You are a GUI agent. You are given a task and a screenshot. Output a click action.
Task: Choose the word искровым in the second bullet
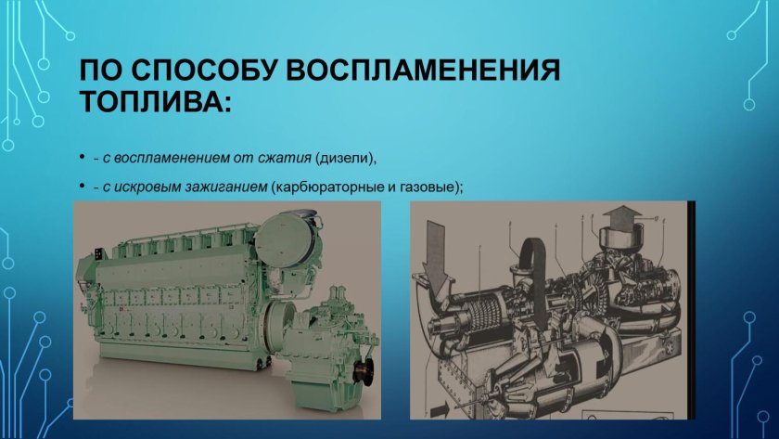pyautogui.click(x=147, y=187)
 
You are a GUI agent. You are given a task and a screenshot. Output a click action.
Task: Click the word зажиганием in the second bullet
pyautogui.click(x=223, y=187)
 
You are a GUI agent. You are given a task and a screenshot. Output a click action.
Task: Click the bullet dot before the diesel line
pyautogui.click(x=83, y=156)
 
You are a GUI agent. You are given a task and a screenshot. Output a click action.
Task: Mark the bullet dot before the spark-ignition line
pyautogui.click(x=83, y=187)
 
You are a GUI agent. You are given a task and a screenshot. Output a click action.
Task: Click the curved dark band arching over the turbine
pyautogui.click(x=533, y=251)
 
